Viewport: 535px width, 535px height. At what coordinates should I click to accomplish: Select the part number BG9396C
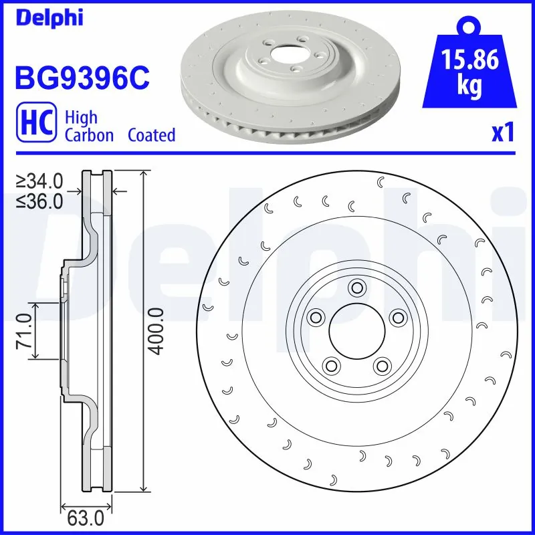81,80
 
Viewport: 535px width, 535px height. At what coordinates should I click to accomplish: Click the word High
81,117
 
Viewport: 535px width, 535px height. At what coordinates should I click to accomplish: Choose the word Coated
152,135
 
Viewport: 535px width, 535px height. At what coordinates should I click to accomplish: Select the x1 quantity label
502,133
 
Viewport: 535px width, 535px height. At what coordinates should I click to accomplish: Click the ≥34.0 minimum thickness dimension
40,181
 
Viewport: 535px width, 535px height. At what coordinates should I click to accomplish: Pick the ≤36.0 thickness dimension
40,201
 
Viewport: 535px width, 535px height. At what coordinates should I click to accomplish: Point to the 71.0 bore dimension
25,330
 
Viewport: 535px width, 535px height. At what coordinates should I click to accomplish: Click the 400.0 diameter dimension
155,330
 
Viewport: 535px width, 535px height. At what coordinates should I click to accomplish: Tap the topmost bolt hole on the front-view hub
356,288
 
